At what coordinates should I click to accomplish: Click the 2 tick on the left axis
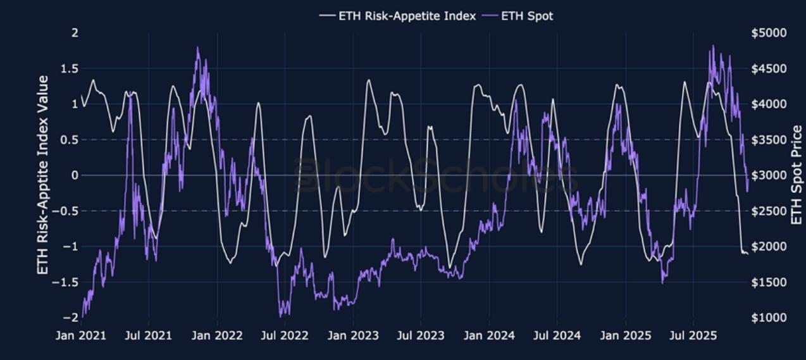[75, 32]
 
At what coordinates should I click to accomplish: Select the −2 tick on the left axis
[71, 318]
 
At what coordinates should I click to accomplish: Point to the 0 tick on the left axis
[75, 175]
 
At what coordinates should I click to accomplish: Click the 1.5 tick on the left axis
[70, 68]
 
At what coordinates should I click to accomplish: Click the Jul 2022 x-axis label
[285, 335]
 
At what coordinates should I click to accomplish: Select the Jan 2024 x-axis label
[489, 335]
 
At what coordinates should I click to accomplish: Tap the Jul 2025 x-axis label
[693, 335]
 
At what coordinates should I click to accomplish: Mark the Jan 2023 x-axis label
[353, 335]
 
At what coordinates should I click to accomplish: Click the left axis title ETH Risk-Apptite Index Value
[44, 175]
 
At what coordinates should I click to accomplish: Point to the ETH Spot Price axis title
[797, 175]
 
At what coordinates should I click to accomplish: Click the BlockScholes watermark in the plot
[436, 175]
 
